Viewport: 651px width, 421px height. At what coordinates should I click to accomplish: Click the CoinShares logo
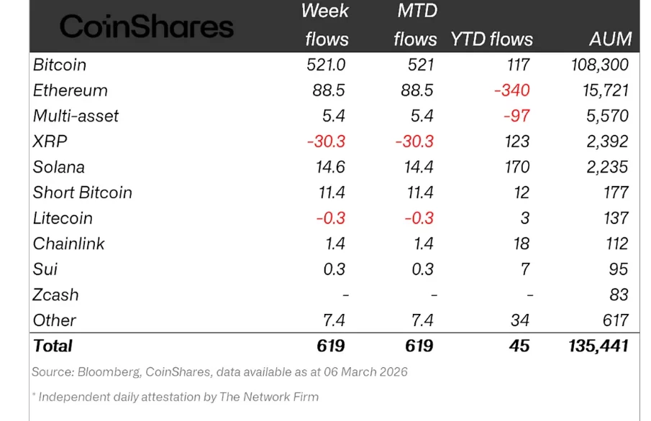[x=147, y=27]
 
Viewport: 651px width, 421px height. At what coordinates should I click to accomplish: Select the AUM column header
[x=609, y=39]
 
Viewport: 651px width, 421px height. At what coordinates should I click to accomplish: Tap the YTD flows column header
[x=492, y=39]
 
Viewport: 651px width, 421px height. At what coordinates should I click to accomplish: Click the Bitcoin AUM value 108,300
[x=595, y=65]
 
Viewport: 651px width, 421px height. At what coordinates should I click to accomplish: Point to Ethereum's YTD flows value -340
[x=511, y=91]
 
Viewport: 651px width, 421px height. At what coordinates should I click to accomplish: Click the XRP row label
[x=50, y=142]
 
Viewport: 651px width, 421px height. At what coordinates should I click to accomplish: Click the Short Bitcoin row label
[x=83, y=193]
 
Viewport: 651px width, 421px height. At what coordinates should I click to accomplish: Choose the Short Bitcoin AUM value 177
[x=616, y=193]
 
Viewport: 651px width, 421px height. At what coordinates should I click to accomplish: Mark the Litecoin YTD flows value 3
[x=525, y=218]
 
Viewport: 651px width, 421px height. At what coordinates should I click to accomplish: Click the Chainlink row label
[x=69, y=244]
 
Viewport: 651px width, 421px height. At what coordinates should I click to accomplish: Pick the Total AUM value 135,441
[x=593, y=346]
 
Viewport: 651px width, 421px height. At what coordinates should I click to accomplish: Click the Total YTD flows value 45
[x=518, y=346]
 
